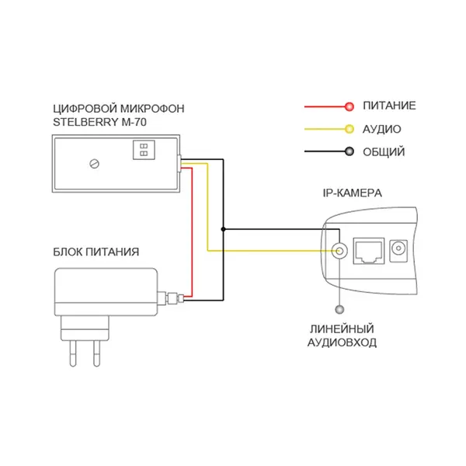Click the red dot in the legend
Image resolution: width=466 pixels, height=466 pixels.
349,106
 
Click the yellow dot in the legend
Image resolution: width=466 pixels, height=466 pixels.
349,129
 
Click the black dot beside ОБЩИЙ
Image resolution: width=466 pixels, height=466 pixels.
349,151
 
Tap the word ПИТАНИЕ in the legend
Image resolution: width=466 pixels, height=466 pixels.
389,106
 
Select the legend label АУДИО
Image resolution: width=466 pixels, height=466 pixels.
382,129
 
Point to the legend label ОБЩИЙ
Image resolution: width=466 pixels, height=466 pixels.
384,152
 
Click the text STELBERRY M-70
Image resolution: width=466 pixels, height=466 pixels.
99,122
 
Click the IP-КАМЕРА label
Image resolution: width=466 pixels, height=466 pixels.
352,193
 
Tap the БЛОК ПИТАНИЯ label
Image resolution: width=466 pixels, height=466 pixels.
96,252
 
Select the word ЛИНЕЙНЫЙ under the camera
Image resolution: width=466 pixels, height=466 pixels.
342,329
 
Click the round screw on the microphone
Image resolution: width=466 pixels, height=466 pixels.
94,164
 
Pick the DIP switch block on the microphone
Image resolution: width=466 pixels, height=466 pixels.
144,150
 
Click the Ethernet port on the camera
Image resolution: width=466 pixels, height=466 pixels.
368,251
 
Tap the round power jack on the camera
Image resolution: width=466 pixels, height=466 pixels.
398,249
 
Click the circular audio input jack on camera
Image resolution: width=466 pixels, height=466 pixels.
339,251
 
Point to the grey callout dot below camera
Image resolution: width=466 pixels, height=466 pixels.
339,310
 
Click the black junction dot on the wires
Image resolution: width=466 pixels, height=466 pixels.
223,229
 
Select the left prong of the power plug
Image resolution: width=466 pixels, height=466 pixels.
73,353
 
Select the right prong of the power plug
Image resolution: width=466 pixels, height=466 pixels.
96,353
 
